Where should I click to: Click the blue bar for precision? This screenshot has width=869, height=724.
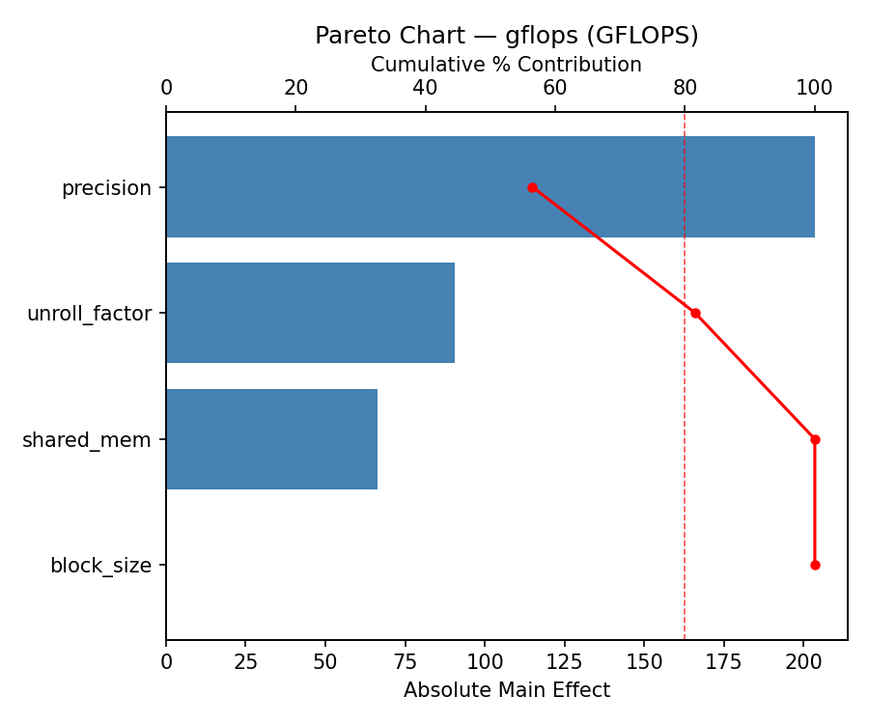pos(491,187)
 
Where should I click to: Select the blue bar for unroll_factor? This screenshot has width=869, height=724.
pos(310,313)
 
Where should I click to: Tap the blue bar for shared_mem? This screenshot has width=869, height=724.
pos(271,439)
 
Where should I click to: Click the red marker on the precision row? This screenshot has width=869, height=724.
pos(532,187)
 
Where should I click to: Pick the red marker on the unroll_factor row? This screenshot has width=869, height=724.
pos(695,313)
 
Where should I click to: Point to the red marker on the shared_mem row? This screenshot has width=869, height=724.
pos(815,439)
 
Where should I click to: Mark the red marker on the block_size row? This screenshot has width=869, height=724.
pos(815,565)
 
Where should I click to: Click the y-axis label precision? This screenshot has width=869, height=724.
pos(106,188)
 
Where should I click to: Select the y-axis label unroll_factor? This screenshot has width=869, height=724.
pos(89,314)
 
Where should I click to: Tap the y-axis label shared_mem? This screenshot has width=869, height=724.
pos(87,440)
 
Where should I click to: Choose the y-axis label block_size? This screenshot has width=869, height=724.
pos(100,566)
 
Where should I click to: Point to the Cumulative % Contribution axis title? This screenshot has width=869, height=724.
pos(506,65)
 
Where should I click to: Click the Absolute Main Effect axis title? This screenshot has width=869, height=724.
pos(506,690)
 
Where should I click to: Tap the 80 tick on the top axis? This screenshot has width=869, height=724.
pos(685,88)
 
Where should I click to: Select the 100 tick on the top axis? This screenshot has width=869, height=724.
pos(815,88)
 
